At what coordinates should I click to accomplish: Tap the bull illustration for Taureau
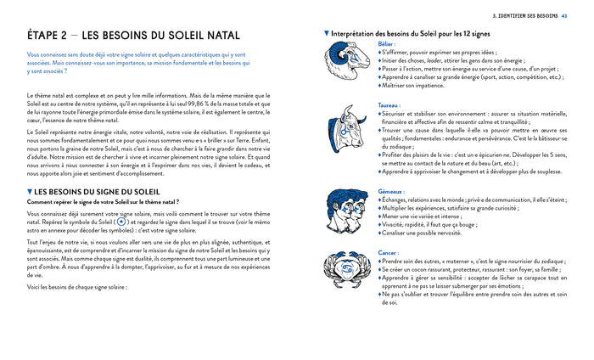pyautogui.click(x=346, y=130)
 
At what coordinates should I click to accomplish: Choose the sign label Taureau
pyautogui.click(x=390, y=104)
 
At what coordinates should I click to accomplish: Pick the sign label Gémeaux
pyautogui.click(x=392, y=192)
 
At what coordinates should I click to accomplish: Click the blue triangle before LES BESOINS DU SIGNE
pyautogui.click(x=31, y=190)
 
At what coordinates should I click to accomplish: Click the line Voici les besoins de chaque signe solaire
pyautogui.click(x=78, y=287)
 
